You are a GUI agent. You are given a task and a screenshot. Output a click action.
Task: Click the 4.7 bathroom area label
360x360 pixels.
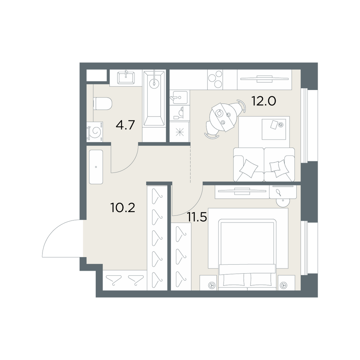point(125,126)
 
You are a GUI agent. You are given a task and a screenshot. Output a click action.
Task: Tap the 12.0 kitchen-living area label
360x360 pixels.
point(264,100)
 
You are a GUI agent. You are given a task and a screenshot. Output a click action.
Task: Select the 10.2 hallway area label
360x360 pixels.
point(123,208)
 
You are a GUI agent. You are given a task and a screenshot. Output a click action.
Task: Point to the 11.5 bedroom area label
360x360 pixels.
point(197,217)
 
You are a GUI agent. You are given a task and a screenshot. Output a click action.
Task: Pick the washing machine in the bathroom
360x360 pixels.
point(95,131)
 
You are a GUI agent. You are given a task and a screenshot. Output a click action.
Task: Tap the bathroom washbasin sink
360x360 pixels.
point(126,78)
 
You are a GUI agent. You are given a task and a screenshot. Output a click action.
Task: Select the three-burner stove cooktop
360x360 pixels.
point(215,80)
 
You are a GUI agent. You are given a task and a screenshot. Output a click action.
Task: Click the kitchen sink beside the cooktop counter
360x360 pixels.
point(179,98)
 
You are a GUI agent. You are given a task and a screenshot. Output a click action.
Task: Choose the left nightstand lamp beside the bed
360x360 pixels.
point(210,285)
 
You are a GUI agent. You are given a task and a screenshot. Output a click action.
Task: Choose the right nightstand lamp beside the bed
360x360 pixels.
point(284,285)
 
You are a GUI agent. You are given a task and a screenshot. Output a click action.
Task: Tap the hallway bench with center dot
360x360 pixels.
point(96,167)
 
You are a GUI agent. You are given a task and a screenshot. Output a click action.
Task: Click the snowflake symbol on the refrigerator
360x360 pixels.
point(180,133)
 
